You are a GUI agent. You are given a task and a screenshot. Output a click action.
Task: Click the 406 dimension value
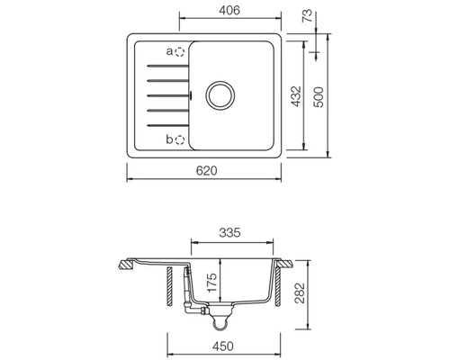coord(229,11)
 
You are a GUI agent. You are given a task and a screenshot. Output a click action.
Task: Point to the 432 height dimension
coord(296,96)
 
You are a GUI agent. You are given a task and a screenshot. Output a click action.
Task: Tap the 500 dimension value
coord(319,97)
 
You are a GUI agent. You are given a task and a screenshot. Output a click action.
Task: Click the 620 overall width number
coord(206,171)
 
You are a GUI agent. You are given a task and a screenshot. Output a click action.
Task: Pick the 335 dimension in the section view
coord(229,233)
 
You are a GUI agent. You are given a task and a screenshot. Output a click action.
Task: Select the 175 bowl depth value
coord(211,282)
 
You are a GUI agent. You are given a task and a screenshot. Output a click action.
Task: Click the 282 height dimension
coord(300,293)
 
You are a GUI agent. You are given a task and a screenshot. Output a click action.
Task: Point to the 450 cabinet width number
coord(223,346)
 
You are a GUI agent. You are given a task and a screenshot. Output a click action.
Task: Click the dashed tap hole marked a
coord(180,52)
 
